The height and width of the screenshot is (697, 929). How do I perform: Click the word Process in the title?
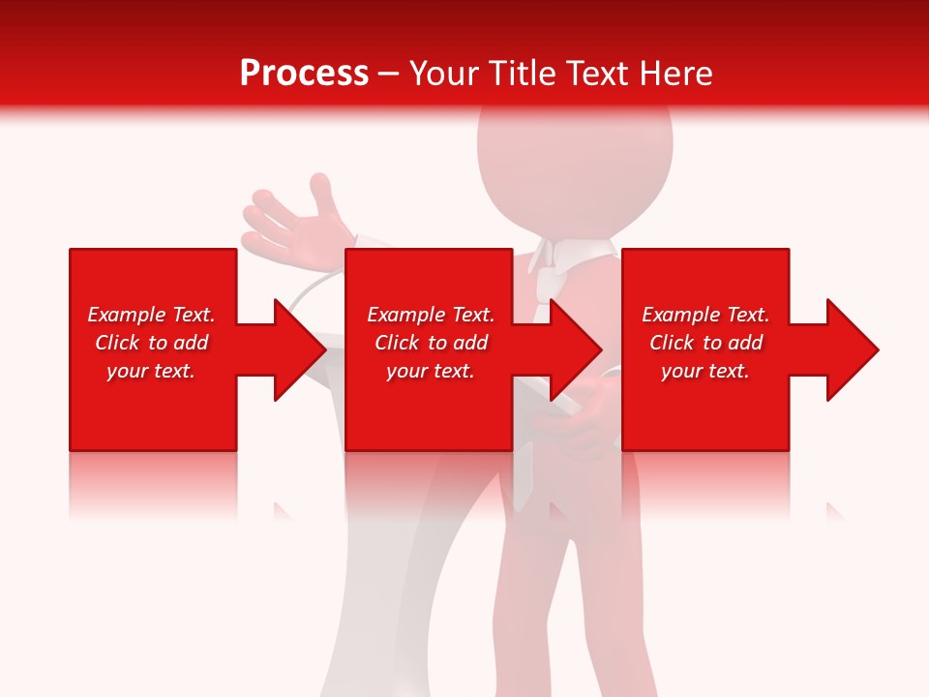coord(304,73)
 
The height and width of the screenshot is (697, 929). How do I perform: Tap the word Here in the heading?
coord(674,73)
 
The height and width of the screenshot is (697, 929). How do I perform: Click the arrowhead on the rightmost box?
coord(851,349)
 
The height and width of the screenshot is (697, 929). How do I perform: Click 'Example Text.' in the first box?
coord(151,315)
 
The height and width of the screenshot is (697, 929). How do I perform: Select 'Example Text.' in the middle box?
coord(431,315)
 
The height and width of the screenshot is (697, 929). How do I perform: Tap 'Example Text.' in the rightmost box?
coord(705,315)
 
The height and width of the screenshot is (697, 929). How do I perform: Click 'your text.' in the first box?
coord(151,371)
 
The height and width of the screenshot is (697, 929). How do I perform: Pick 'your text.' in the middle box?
coord(431,371)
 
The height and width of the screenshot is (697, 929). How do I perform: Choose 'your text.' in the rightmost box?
coord(705,371)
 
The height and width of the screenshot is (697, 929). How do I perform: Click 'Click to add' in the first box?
coord(151,343)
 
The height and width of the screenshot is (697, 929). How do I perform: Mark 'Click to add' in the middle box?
coord(431,343)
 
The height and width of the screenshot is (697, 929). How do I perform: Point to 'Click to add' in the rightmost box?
coord(705,343)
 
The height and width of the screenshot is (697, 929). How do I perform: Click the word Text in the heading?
coord(601,73)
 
